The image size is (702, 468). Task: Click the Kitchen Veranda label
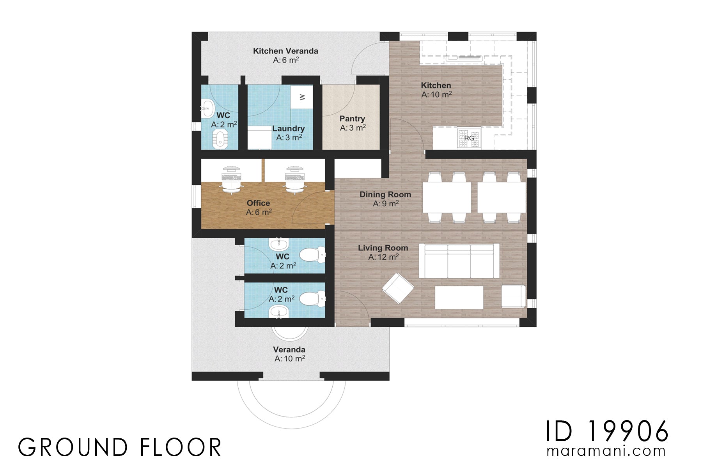pos(285,51)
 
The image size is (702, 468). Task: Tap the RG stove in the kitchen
pos(469,138)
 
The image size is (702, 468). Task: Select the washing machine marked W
pos(302,97)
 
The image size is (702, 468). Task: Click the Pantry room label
pos(352,119)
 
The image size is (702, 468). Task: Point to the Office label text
pos(258,203)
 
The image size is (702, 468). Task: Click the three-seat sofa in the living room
pos(459,261)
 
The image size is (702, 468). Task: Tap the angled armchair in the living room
pos(398,288)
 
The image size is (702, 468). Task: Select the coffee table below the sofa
pos(459,298)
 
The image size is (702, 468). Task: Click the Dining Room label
pos(385,194)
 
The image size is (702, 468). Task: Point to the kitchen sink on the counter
pos(464,58)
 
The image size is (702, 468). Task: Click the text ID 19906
pos(607,432)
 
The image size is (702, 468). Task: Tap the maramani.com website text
pos(606,451)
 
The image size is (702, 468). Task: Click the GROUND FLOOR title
pos(120,447)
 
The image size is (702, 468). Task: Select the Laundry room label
pos(288,128)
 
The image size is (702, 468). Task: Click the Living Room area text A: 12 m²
pos(383,257)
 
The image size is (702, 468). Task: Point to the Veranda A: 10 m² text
pos(289,358)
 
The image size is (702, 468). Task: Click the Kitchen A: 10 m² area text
pos(436,94)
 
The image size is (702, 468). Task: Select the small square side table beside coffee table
pos(513,296)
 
